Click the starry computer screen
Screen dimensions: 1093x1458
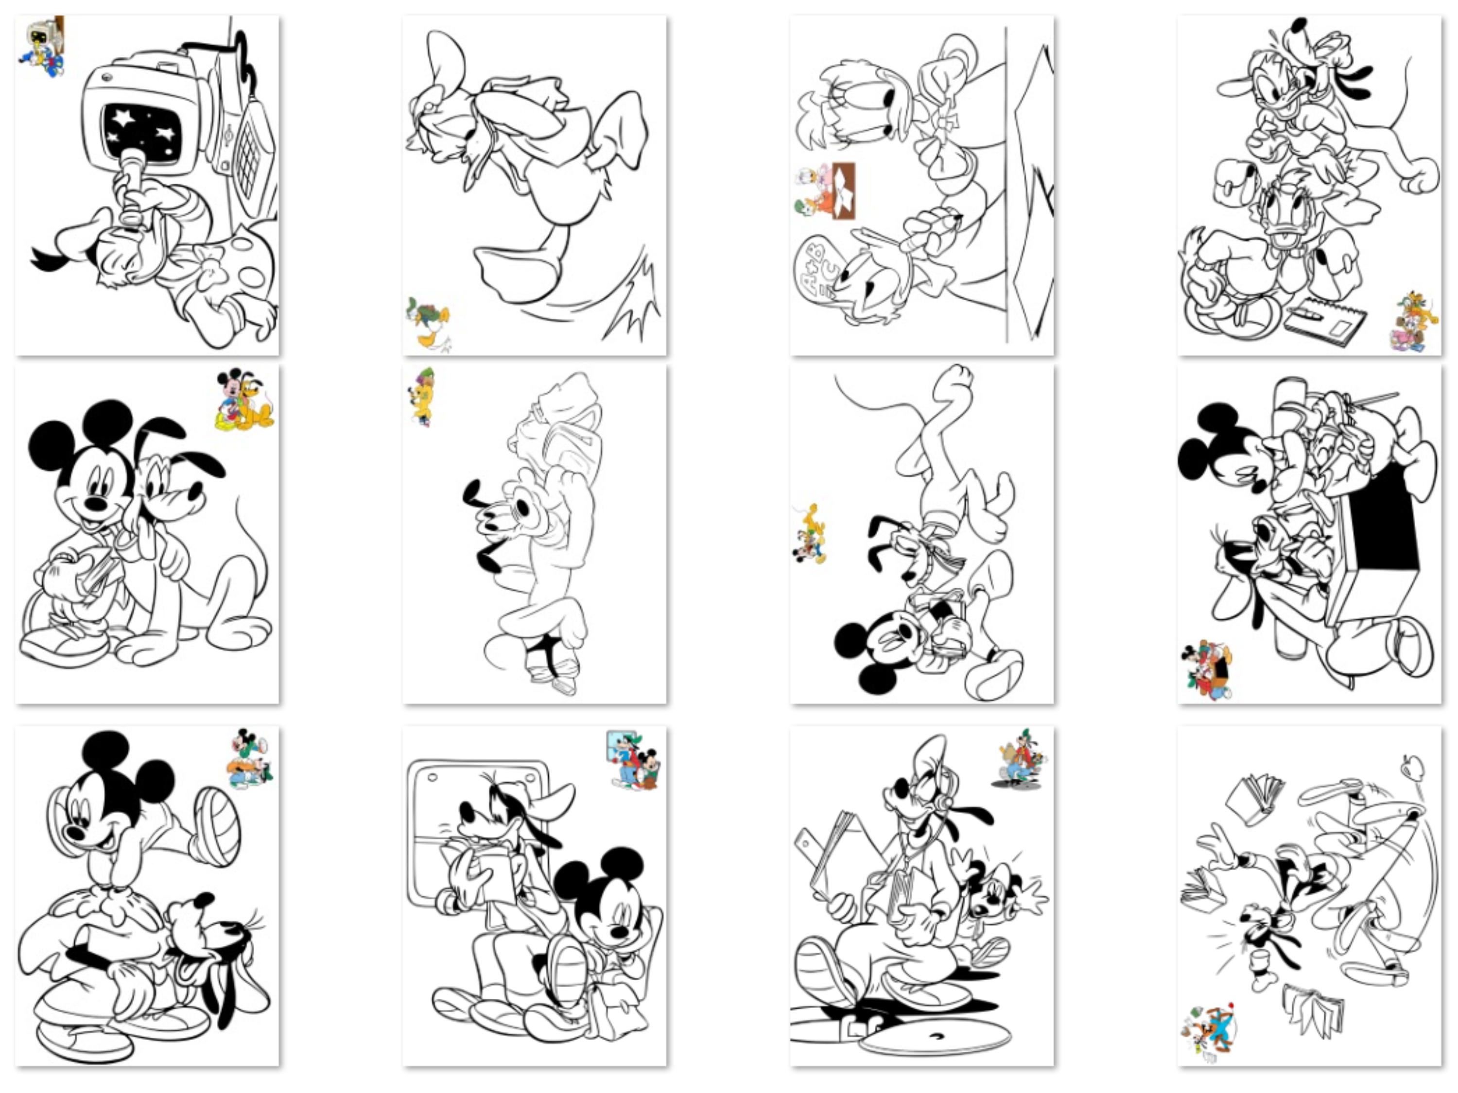pyautogui.click(x=142, y=131)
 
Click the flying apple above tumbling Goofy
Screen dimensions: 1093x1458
pyautogui.click(x=1412, y=766)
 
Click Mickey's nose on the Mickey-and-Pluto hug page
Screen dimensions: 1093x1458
pyautogui.click(x=96, y=504)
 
